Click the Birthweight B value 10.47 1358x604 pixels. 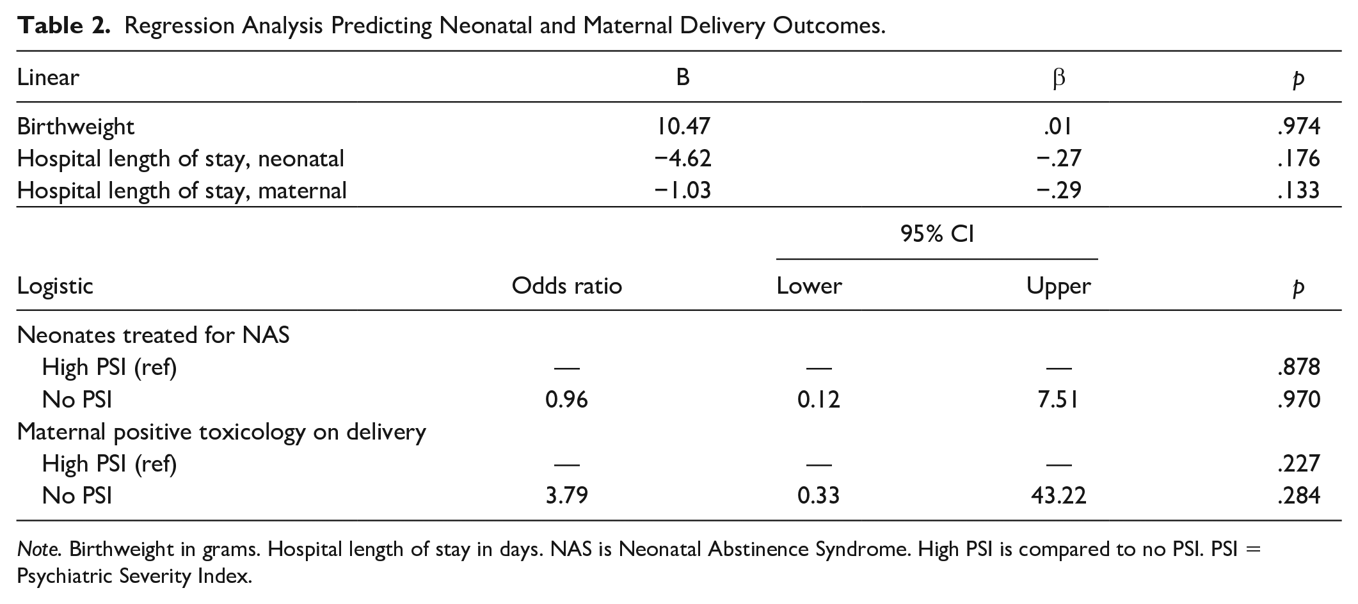click(683, 126)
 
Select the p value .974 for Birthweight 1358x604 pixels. click(1298, 126)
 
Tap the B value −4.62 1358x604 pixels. click(683, 158)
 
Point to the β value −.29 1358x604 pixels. click(1058, 190)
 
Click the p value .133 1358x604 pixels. click(1298, 190)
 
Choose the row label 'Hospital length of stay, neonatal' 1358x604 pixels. click(180, 159)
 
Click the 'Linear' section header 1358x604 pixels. click(48, 77)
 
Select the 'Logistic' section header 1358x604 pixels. click(55, 286)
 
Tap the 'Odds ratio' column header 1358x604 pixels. click(566, 285)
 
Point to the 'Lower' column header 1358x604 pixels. click(809, 285)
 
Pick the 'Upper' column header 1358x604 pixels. click(1058, 286)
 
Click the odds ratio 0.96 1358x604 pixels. click(566, 399)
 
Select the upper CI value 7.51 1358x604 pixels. click(1058, 399)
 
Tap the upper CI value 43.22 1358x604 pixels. click(1058, 495)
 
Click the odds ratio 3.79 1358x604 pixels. click(566, 495)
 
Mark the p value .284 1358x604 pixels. click(1298, 495)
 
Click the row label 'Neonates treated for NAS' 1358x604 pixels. click(154, 335)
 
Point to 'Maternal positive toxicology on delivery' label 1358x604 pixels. click(221, 432)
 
